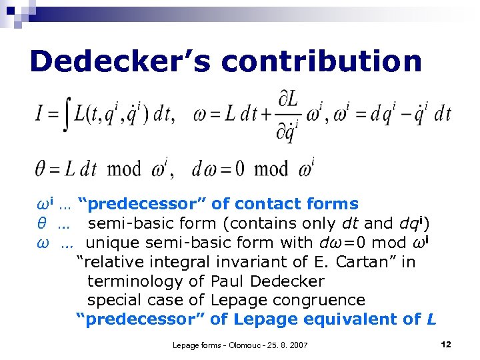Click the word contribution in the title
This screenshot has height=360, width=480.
(322, 61)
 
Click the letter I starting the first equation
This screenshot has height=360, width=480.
(39, 114)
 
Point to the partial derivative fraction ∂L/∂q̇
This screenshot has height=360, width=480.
(288, 114)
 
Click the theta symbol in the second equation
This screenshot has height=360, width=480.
(40, 169)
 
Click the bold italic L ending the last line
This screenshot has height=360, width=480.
(431, 319)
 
